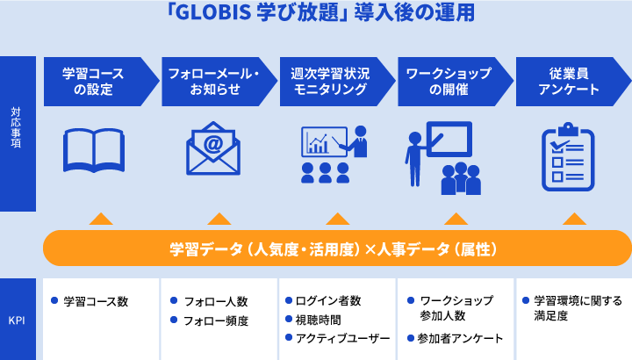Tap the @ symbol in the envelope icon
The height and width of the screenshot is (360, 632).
pos(213,143)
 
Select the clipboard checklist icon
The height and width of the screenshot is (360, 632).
pos(568,157)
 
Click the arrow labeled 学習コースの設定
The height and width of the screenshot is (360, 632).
pos(101,82)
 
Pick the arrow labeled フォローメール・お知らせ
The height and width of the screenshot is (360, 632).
pos(219,82)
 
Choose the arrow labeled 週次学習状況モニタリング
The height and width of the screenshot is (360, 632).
pos(337,82)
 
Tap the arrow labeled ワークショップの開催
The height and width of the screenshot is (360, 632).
pos(456,82)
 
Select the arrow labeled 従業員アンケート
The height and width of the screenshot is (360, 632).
pos(573,82)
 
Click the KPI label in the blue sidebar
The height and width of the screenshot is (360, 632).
pos(17,320)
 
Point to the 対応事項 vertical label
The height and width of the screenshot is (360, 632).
pos(16,127)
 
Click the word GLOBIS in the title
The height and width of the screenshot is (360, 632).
pos(213,12)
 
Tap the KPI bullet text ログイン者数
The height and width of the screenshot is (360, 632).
pos(328,301)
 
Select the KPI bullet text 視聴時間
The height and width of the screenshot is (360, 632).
pos(319,320)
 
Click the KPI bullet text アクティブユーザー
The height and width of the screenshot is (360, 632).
pos(342,338)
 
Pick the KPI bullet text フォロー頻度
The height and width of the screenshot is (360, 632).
pos(216,320)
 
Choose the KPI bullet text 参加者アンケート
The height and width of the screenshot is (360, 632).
pos(460,338)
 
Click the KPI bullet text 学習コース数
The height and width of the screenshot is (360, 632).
pos(96,301)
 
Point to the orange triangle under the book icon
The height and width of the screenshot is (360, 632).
pos(101,219)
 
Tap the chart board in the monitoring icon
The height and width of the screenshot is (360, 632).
pos(324,142)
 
